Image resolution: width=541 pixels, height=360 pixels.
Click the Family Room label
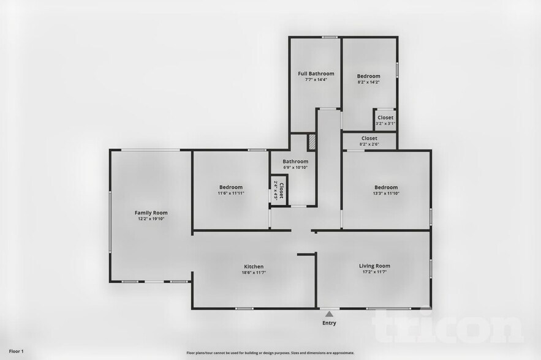(151, 212)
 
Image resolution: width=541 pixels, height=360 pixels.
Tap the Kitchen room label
(254, 266)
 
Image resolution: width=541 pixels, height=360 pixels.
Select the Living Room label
(374, 266)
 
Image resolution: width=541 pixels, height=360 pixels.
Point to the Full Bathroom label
(316, 73)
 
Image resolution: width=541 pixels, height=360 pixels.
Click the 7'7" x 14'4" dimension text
(316, 80)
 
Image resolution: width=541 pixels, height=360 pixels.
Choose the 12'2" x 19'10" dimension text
(151, 219)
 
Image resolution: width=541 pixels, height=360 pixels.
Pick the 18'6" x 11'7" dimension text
(254, 272)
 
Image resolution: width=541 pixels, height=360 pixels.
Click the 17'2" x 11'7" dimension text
(374, 272)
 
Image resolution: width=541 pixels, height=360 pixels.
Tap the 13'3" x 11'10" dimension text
(386, 193)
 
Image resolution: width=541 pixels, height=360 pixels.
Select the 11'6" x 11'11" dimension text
(231, 193)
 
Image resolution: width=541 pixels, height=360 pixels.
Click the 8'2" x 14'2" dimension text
(369, 82)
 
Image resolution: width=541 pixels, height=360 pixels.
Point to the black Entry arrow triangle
(329, 314)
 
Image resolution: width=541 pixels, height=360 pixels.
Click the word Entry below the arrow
(329, 323)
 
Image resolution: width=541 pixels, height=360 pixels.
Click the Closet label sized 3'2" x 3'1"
(385, 118)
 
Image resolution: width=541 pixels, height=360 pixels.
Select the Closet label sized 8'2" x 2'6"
(369, 138)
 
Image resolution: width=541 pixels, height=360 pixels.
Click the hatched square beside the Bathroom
(311, 141)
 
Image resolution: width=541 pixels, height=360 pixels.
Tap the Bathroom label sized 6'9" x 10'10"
(295, 162)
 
